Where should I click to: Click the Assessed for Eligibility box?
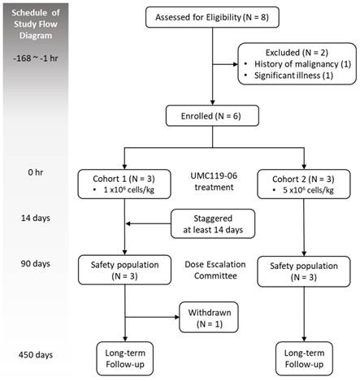[212, 17]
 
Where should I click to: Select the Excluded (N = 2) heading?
[297, 52]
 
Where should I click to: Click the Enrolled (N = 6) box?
[212, 116]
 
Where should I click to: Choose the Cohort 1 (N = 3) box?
[124, 184]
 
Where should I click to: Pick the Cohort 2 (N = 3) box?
[304, 184]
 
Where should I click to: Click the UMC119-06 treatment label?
[214, 181]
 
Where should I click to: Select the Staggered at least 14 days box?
[213, 223]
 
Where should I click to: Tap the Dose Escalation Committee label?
[215, 270]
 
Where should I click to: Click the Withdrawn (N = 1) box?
[209, 318]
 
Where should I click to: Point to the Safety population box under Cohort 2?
[304, 271]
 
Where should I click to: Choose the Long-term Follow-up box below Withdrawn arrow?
[125, 358]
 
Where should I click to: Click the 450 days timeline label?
[36, 355]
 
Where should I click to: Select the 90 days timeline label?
[36, 263]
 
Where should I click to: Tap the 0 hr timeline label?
[36, 172]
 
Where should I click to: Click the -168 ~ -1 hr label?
[36, 58]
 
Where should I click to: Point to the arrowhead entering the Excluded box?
[236, 64]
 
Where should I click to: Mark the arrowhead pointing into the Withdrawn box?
[177, 317]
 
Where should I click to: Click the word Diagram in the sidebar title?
[36, 36]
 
